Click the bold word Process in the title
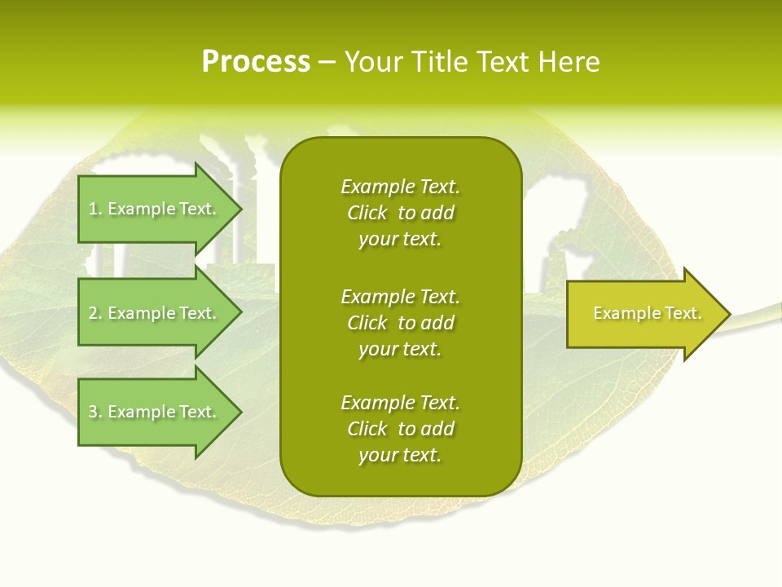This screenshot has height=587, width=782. pyautogui.click(x=256, y=62)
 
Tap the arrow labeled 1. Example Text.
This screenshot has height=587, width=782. pyautogui.click(x=155, y=209)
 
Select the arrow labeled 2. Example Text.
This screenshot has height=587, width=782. pyautogui.click(x=155, y=313)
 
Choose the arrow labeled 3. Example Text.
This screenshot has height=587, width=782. pyautogui.click(x=155, y=412)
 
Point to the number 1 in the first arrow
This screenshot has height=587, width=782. pyautogui.click(x=94, y=209)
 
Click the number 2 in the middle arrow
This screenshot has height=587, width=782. pyautogui.click(x=94, y=313)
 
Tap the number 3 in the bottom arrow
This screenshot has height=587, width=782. pyautogui.click(x=94, y=412)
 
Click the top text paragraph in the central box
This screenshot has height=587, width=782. pyautogui.click(x=400, y=213)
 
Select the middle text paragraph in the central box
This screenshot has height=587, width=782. pyautogui.click(x=400, y=323)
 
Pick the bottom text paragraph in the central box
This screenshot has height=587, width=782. pyautogui.click(x=400, y=429)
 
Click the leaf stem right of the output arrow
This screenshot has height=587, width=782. pyautogui.click(x=758, y=312)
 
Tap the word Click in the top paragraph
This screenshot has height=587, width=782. pyautogui.click(x=367, y=213)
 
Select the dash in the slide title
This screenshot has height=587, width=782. pyautogui.click(x=327, y=62)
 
